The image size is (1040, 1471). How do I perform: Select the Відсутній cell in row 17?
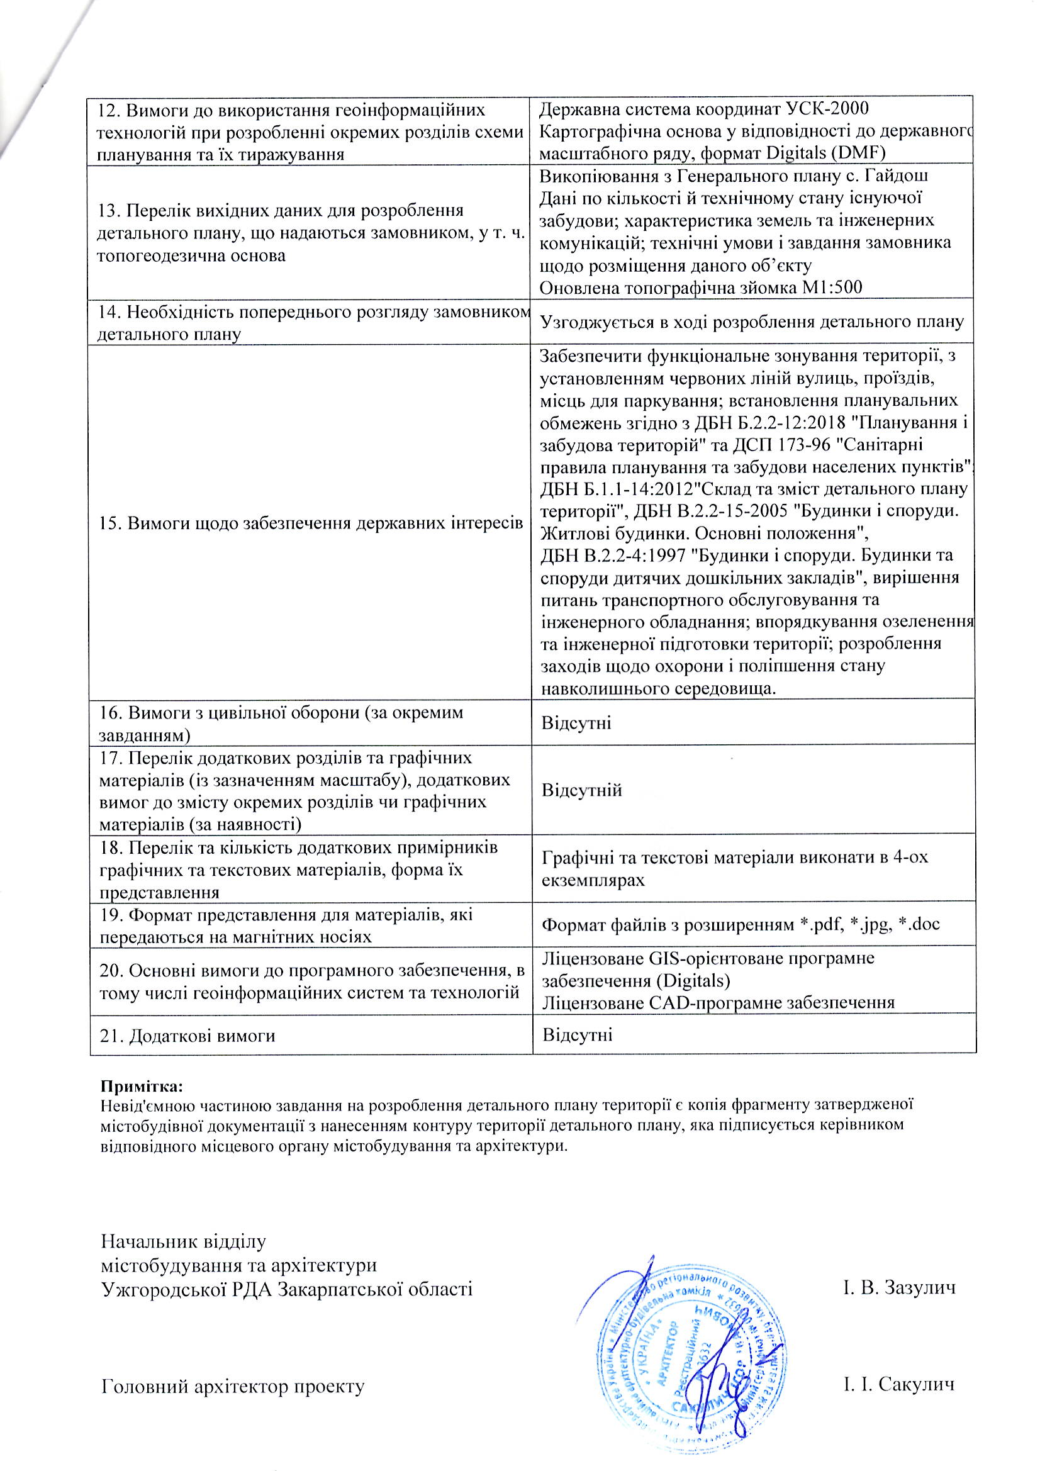coord(582,790)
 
